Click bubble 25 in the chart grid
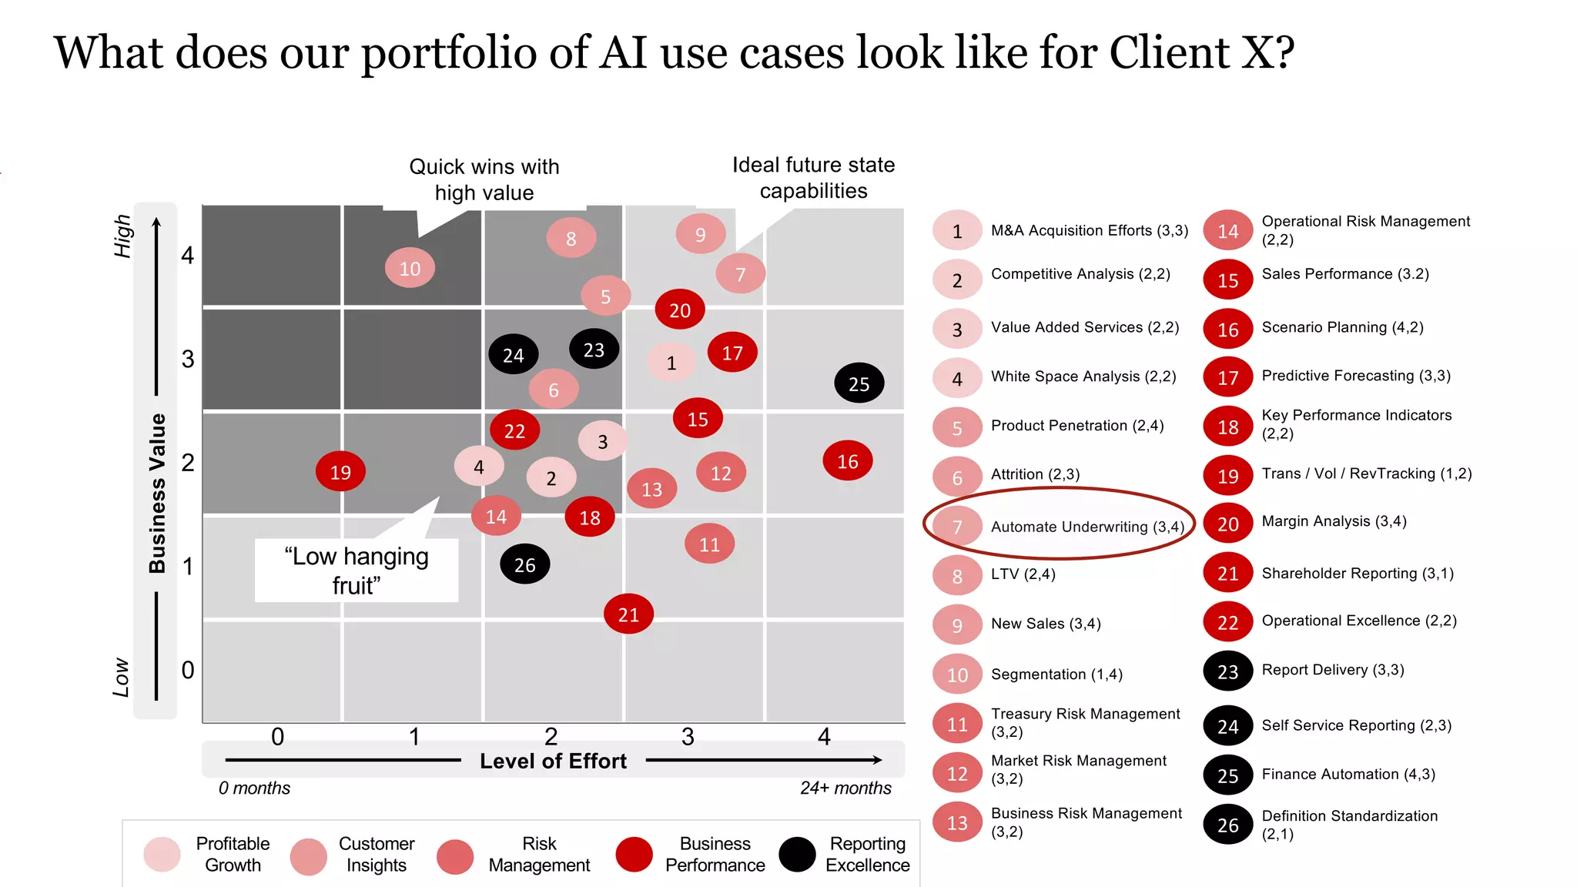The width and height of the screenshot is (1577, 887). coord(859,383)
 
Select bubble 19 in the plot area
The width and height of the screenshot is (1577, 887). coord(340,472)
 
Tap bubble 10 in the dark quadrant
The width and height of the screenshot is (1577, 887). coord(410,268)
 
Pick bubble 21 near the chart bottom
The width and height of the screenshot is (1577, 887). coord(628,614)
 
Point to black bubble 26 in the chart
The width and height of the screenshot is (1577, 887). coord(524,565)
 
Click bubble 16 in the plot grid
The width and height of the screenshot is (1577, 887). coord(848,461)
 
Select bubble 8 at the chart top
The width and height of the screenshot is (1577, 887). coord(571,238)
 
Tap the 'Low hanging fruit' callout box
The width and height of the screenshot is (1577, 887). coord(357,571)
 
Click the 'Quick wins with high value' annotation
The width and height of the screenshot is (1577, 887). coord(484,179)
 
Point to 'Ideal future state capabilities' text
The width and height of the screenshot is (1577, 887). coord(813,178)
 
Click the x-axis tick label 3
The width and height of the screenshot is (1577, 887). coord(688,737)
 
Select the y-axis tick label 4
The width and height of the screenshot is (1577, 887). coord(188,255)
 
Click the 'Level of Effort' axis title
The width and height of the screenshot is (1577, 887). coord(553,761)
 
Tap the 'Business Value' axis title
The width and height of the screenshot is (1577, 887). coord(157,493)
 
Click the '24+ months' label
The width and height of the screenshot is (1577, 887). coord(845,788)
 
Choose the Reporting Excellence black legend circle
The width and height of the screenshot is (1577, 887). coord(797,855)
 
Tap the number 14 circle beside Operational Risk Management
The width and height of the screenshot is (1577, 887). coord(1228,231)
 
